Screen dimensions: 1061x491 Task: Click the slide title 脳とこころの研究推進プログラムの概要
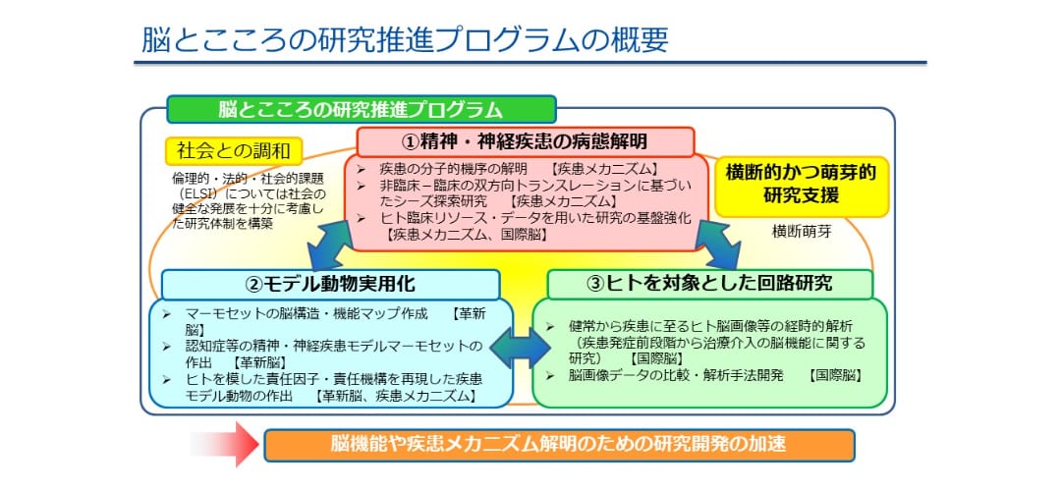point(405,40)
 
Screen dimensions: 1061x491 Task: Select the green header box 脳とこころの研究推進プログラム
point(362,109)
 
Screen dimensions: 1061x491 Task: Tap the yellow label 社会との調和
point(234,151)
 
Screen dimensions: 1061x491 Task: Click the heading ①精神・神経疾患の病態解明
point(525,141)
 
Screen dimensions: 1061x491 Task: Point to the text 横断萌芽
point(802,232)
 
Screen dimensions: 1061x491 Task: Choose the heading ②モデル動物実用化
point(331,284)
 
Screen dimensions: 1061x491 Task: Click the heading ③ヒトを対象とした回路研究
point(709,284)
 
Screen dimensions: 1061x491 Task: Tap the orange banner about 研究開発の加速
point(559,445)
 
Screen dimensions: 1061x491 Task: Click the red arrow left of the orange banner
point(225,444)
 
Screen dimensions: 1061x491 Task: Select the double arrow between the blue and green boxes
point(521,349)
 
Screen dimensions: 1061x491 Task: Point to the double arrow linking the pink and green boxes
point(718,245)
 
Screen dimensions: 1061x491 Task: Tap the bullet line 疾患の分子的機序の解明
point(445,169)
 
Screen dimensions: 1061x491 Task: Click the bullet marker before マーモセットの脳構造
point(167,314)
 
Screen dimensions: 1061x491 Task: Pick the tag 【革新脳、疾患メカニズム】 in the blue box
point(396,397)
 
